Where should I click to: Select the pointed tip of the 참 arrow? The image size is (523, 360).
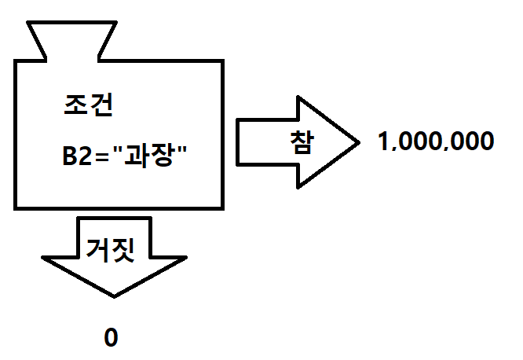coord(357,142)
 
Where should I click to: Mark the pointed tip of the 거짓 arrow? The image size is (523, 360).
coord(114,296)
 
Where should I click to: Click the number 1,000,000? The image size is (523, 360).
coord(436,142)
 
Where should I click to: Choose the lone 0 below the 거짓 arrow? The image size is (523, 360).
coord(111,338)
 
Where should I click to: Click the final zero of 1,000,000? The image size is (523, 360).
coord(487,142)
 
